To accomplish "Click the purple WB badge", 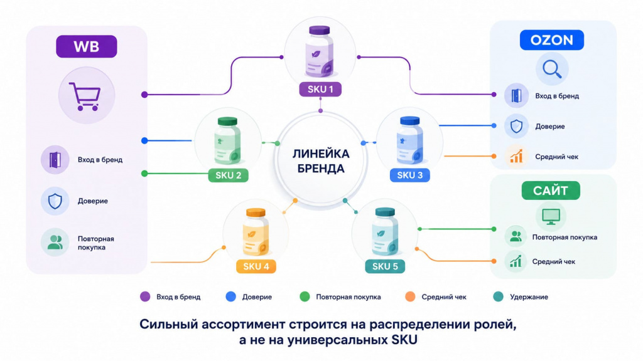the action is click(x=87, y=46).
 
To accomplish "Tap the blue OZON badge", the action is click(x=551, y=39).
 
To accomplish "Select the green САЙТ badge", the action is click(x=551, y=191).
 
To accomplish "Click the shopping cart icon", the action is click(x=85, y=97).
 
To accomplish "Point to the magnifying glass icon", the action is click(x=552, y=69).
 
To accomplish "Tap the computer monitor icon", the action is click(x=551, y=216).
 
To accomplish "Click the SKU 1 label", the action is click(x=320, y=89).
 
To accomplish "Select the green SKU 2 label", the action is click(x=229, y=175).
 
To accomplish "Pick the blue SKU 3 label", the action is click(x=409, y=175).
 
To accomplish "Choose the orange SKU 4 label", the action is click(x=256, y=266).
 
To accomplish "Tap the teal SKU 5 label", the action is click(x=385, y=266).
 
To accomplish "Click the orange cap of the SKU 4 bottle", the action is click(x=256, y=213).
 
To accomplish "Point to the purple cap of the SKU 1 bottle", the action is click(x=320, y=31).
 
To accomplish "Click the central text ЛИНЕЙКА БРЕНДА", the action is click(x=321, y=161).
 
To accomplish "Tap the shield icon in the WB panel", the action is click(x=55, y=201).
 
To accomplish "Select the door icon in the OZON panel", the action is click(x=516, y=96).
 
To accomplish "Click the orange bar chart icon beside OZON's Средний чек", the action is click(x=516, y=156).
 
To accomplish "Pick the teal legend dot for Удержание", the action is click(x=498, y=296).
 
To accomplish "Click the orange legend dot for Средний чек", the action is click(x=410, y=296).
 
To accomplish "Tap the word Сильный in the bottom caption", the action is click(x=168, y=324).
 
